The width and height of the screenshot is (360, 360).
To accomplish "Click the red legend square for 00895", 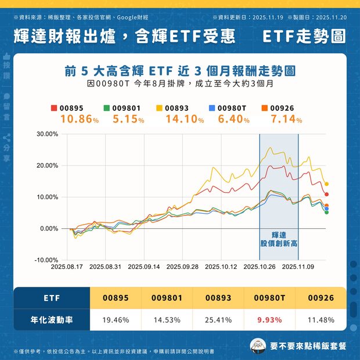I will pos(54,108).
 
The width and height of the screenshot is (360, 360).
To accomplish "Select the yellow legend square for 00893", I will pos(160,108).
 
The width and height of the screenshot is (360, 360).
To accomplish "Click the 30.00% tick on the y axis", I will pos(47,134).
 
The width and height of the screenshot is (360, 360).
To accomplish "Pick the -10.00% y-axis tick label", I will pos(47,260).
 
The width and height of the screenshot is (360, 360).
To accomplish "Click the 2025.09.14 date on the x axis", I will pos(143,267).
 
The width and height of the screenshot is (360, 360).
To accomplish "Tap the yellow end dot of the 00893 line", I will pos(326,184).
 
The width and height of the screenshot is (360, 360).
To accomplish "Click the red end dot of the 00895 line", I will pos(326,195).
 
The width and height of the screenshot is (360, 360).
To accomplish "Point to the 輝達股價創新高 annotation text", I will pos(278,238).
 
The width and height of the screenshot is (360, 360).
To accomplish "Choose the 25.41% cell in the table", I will pos(218,320).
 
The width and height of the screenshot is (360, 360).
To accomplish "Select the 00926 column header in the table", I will pos(320,298).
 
